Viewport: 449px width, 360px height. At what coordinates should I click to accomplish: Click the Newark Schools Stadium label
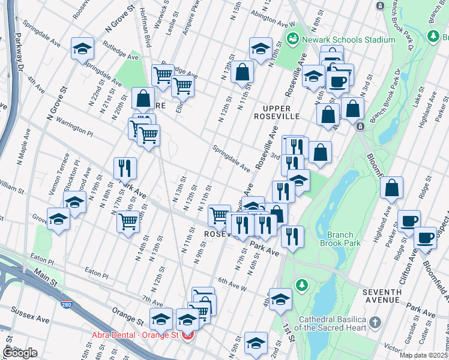pyautogui.click(x=348, y=40)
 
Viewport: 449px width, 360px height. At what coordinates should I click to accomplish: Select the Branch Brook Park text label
pyautogui.click(x=344, y=239)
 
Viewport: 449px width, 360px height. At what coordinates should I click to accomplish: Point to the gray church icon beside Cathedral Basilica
pyautogui.click(x=376, y=322)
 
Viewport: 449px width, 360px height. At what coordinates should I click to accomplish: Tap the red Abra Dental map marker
pyautogui.click(x=187, y=335)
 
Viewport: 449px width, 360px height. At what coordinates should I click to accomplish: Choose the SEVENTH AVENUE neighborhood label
pyautogui.click(x=389, y=295)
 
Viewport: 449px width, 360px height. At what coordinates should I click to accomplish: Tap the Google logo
pyautogui.click(x=20, y=353)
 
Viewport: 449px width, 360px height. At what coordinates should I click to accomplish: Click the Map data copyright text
pyautogui.click(x=424, y=355)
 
